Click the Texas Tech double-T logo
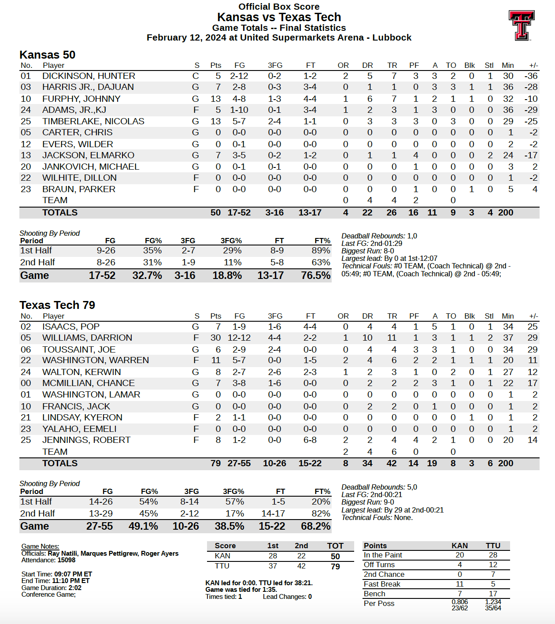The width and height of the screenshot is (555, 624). [x=522, y=25]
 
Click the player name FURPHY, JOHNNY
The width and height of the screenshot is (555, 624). [x=81, y=99]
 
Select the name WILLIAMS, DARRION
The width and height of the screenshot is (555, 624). [x=87, y=338]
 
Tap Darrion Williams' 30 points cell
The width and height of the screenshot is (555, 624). [x=215, y=338]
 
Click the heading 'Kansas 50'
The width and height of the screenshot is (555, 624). [x=48, y=55]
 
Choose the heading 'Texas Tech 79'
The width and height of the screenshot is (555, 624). [x=57, y=305]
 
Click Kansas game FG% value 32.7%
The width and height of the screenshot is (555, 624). [x=147, y=275]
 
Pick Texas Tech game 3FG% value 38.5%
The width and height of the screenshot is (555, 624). [x=229, y=526]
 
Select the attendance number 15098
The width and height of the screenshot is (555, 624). [x=67, y=560]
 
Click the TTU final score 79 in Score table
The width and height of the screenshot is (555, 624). [x=335, y=566]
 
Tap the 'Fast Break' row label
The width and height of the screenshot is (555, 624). [x=382, y=584]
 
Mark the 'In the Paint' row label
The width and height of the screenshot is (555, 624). [x=383, y=555]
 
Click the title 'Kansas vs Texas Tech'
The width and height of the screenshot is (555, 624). [x=279, y=17]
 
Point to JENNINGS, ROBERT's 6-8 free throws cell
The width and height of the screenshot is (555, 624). [x=310, y=440]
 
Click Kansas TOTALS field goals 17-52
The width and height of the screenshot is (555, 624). [x=239, y=212]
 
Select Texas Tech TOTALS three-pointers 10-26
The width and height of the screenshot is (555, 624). [x=274, y=463]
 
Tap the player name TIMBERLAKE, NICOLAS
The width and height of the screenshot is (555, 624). [x=93, y=121]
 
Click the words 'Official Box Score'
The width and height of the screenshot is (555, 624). [x=279, y=7]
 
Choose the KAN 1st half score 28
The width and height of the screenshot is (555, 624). [x=273, y=556]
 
